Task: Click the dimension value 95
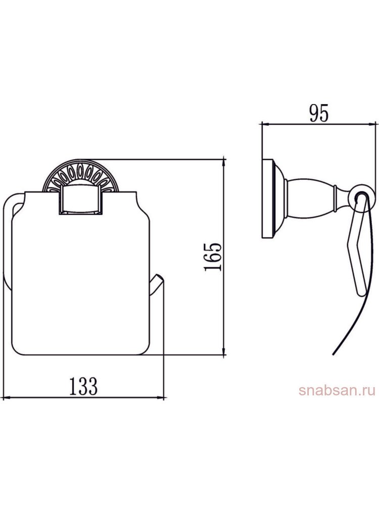pyautogui.click(x=319, y=113)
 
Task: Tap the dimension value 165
pyautogui.click(x=213, y=257)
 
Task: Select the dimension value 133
pyautogui.click(x=83, y=386)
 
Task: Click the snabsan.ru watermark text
pyautogui.click(x=337, y=391)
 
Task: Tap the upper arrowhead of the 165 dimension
pyautogui.click(x=224, y=163)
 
